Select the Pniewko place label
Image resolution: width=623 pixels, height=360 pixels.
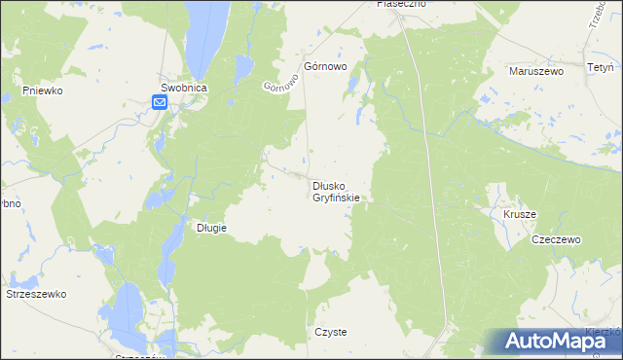[x=43, y=90]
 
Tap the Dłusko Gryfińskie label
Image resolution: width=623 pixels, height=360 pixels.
[x=337, y=191]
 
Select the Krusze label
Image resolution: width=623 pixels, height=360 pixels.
[x=520, y=213]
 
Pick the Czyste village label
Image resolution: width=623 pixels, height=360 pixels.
[x=330, y=332]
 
